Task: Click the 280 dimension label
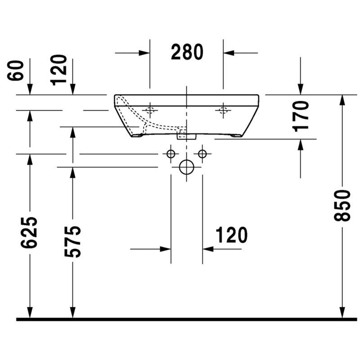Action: tap(187, 52)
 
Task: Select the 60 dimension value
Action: tap(15, 71)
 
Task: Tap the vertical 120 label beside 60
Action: tap(58, 70)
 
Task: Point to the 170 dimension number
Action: tap(301, 117)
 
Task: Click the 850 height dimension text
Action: tap(342, 206)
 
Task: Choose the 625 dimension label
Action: tap(29, 232)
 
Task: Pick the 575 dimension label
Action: tap(72, 242)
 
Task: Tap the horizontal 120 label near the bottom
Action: tap(232, 235)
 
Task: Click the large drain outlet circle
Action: tap(186, 167)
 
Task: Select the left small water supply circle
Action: tap(171, 154)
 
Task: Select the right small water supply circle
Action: tap(202, 154)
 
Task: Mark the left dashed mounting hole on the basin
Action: tap(150, 110)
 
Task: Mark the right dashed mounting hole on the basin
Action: tap(223, 110)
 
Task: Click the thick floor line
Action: tap(187, 319)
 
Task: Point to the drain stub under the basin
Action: tap(186, 136)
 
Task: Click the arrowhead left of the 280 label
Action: tap(144, 53)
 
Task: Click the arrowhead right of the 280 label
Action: tap(229, 53)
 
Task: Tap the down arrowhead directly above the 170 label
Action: tap(301, 89)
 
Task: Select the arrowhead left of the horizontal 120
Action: tap(165, 249)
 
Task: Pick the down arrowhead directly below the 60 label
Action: tap(30, 89)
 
